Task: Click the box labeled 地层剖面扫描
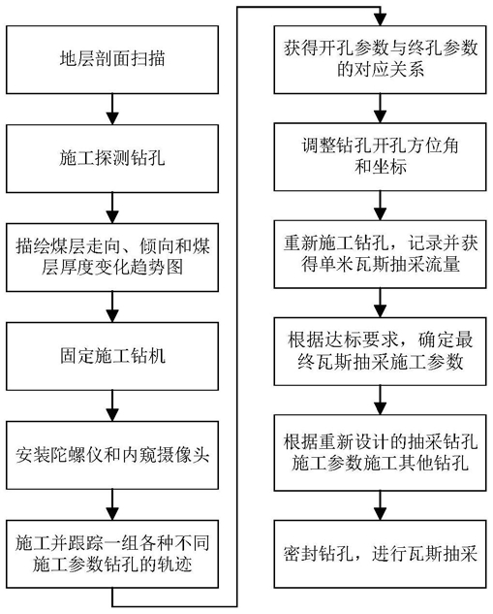pyautogui.click(x=112, y=59)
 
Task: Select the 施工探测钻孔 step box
pyautogui.click(x=112, y=158)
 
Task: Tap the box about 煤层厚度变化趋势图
pyautogui.click(x=112, y=257)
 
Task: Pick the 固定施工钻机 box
pyautogui.click(x=112, y=356)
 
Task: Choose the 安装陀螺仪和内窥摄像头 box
pyautogui.click(x=112, y=455)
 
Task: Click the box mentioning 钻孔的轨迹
pyautogui.click(x=112, y=554)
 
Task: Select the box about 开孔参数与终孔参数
pyautogui.click(x=380, y=59)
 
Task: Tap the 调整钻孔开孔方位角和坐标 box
pyautogui.click(x=380, y=156)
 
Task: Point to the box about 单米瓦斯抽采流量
pyautogui.click(x=380, y=254)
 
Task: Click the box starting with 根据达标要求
pyautogui.click(x=380, y=351)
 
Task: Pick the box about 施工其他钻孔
pyautogui.click(x=380, y=453)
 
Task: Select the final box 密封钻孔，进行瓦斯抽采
pyautogui.click(x=380, y=554)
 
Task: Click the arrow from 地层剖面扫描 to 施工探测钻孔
pyautogui.click(x=112, y=110)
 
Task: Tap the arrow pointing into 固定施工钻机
pyautogui.click(x=112, y=307)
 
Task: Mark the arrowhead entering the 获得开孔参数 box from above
pyautogui.click(x=380, y=19)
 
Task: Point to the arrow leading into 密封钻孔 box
pyautogui.click(x=380, y=505)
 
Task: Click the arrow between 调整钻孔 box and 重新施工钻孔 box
pyautogui.click(x=380, y=206)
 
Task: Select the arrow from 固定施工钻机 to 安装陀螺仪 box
pyautogui.click(x=112, y=405)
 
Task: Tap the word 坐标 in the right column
pyautogui.click(x=389, y=167)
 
